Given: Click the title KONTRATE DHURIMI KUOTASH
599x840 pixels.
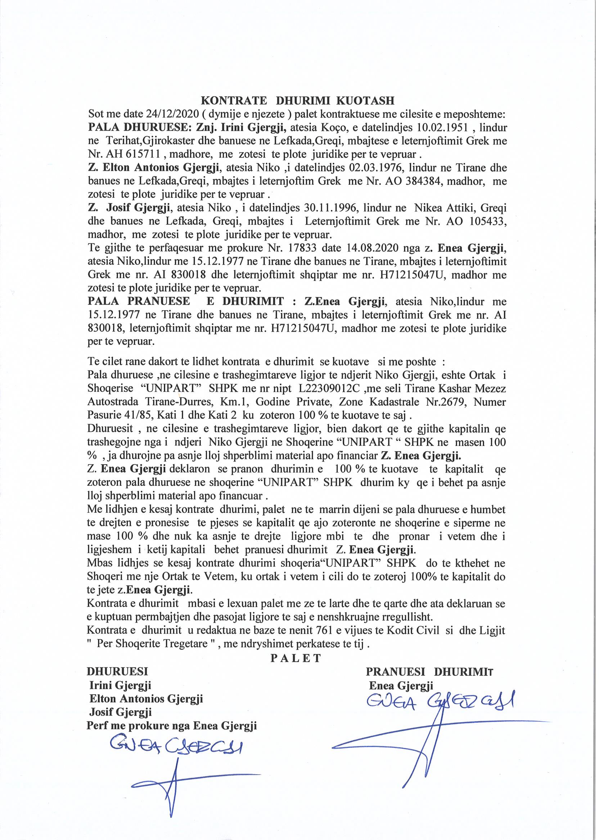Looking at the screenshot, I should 297,101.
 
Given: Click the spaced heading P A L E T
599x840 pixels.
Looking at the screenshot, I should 296,658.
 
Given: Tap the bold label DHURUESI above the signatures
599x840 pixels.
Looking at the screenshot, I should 117,672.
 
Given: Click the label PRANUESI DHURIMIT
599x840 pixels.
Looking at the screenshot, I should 429,672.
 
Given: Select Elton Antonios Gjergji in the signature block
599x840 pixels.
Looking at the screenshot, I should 146,699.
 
